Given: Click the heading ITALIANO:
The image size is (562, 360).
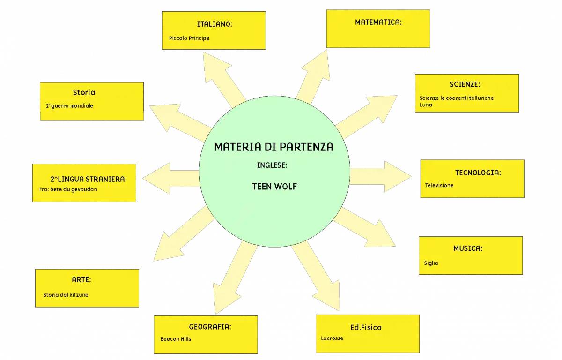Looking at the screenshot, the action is tap(214, 24).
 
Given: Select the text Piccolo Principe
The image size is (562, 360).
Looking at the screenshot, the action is tap(189, 38).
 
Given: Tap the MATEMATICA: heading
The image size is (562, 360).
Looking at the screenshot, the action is tap(378, 22).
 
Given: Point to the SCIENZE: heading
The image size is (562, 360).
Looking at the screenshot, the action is tap(465, 84).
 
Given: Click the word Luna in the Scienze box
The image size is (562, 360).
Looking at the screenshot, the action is tap(426, 105).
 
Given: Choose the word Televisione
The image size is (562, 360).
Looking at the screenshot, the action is tap(439, 185).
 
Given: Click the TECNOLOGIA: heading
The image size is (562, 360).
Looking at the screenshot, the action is tap(478, 172).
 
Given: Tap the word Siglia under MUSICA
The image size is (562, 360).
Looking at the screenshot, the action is tap(431, 263).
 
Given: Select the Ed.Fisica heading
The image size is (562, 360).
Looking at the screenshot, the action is tap(366, 327).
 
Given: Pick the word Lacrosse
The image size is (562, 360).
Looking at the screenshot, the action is tap(332, 338).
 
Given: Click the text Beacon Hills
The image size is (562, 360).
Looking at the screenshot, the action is tap(176, 339).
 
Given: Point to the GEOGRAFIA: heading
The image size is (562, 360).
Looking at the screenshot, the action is tap(210, 327).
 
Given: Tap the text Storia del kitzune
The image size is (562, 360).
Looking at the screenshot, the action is tap(66, 295).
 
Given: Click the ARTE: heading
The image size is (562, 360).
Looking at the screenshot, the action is tap(81, 280).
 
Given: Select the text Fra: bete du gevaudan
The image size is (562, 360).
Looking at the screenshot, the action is tap(68, 189).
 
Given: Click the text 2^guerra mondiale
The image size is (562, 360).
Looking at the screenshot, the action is tap(69, 106).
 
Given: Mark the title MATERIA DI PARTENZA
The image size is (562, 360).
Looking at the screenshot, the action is tap(274, 147).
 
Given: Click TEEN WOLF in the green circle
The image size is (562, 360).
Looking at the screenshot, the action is tap(274, 187).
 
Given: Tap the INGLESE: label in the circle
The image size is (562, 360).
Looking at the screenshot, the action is tap(272, 165).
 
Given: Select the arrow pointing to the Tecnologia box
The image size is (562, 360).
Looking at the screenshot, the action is tap(380, 177).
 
